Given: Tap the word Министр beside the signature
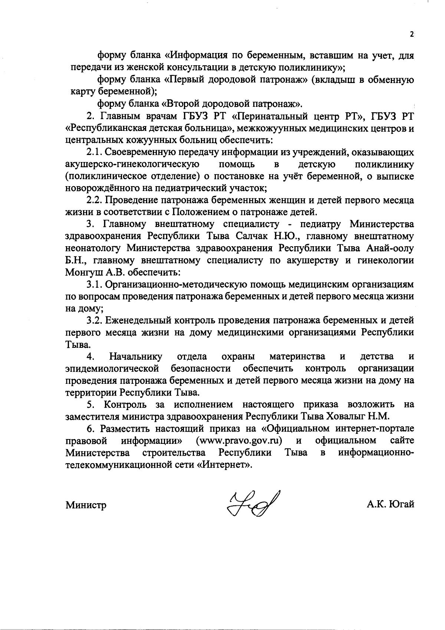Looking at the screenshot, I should click(x=86, y=505).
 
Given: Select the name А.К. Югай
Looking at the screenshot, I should click(x=389, y=504).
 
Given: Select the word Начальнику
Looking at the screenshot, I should click(x=136, y=357).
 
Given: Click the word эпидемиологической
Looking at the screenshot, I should click(x=112, y=369).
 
